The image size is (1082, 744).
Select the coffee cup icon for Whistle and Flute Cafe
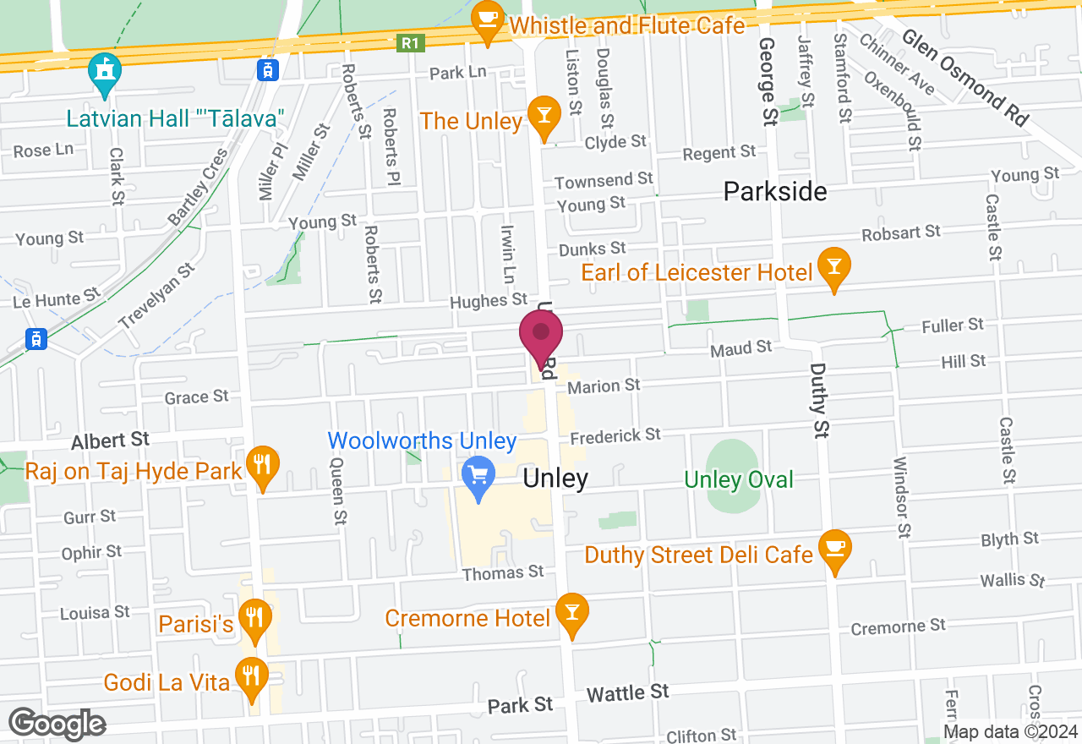488,23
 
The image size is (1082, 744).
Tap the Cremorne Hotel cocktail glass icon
572,615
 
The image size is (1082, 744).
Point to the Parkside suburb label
775,192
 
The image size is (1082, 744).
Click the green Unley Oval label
739,480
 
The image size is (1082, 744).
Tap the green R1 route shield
411,42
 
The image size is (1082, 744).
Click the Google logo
57,724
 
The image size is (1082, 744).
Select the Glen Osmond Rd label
965,78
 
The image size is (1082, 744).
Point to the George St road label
767,81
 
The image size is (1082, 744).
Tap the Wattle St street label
627,694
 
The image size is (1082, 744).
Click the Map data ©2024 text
1010,732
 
